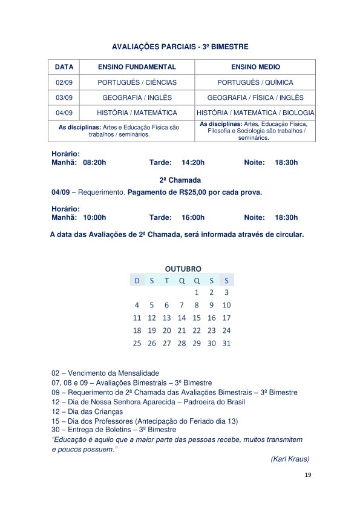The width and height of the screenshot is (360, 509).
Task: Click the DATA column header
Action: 64,67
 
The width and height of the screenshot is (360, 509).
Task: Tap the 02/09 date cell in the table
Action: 64,82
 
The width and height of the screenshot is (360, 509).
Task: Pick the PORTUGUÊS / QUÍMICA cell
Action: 255,82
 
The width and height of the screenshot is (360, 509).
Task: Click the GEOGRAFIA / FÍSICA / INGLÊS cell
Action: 255,97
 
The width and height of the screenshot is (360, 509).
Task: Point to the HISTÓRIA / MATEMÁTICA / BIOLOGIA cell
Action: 255,113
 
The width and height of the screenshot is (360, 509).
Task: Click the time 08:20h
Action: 94,163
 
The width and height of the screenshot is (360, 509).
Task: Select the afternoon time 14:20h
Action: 193,163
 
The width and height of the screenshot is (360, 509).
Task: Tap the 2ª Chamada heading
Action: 180,180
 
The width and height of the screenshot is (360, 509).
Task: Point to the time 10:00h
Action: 94,217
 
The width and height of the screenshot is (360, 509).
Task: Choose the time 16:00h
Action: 193,217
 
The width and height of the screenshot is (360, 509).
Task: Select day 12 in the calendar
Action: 152,318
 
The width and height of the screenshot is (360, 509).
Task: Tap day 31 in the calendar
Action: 227,343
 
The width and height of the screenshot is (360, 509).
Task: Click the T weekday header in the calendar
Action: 167,280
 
